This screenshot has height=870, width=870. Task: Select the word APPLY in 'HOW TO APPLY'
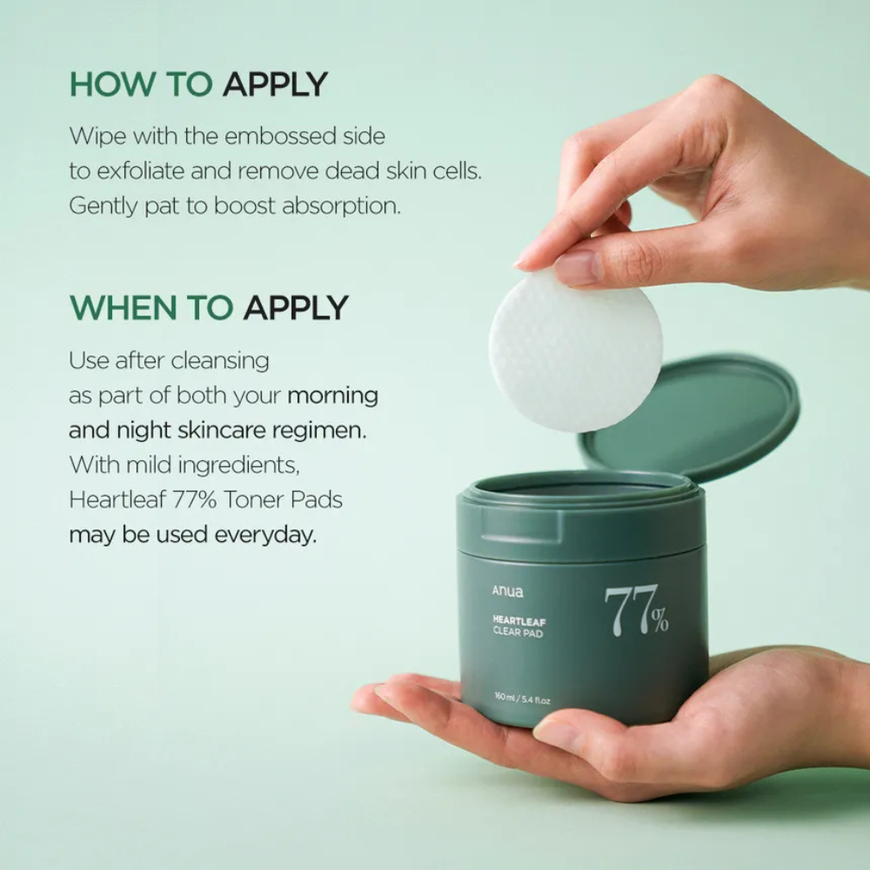pyautogui.click(x=275, y=84)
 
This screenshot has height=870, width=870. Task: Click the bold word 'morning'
pyautogui.click(x=332, y=396)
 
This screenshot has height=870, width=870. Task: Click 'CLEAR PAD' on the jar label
pyautogui.click(x=519, y=635)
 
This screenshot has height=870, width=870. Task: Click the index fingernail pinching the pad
pyautogui.click(x=575, y=268)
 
